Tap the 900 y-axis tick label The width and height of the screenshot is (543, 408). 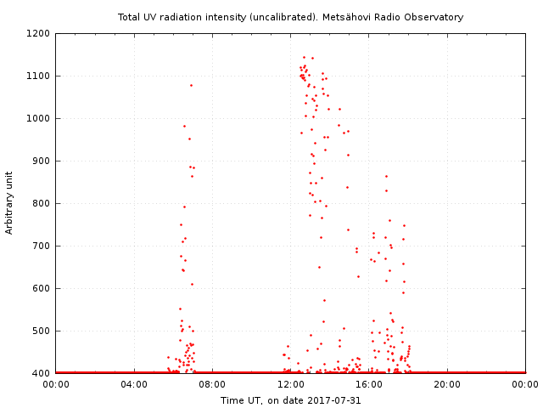42,161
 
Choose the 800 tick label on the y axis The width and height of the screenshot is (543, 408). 42,203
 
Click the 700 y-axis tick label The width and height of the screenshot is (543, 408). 42,246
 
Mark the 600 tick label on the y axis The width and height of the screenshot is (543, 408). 42,288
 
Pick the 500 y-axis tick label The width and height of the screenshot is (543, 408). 42,331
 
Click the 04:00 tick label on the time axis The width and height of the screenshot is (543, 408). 134,384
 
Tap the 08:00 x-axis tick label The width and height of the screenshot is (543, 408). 212,384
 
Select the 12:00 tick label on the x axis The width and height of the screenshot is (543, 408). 291,384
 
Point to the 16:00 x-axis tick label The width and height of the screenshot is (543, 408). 369,384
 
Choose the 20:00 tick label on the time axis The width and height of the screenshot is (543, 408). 447,384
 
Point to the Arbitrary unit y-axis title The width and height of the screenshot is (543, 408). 10,203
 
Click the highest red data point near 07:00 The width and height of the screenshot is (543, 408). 191,85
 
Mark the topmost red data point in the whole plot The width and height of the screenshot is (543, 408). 304,57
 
